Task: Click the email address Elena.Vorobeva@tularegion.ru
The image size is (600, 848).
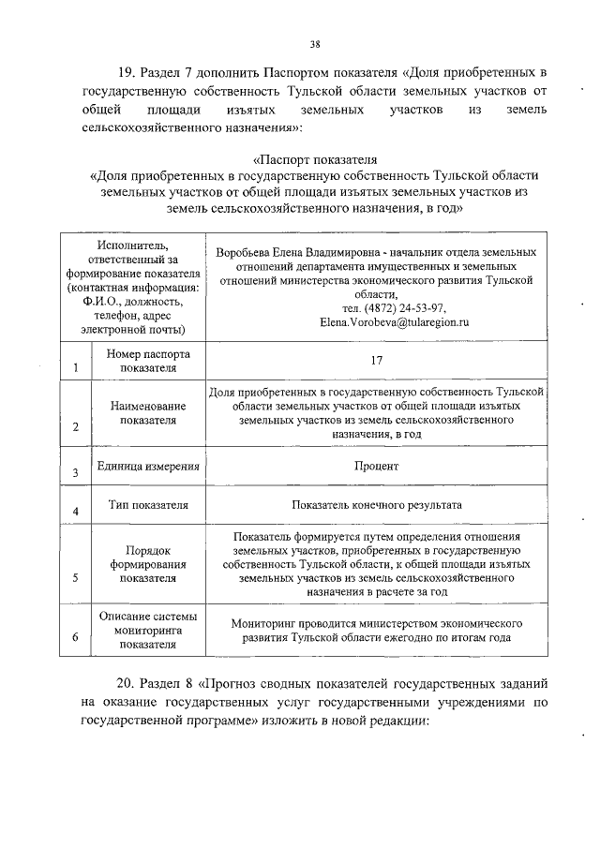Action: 394,321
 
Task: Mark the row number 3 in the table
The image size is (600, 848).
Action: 74,474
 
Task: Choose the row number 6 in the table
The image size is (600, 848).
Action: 74,639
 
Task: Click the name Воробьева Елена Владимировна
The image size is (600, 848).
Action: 293,253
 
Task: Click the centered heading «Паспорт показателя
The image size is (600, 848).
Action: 315,157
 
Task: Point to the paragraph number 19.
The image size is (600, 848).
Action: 127,72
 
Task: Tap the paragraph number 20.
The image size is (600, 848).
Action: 127,689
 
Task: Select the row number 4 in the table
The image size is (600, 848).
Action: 74,512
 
